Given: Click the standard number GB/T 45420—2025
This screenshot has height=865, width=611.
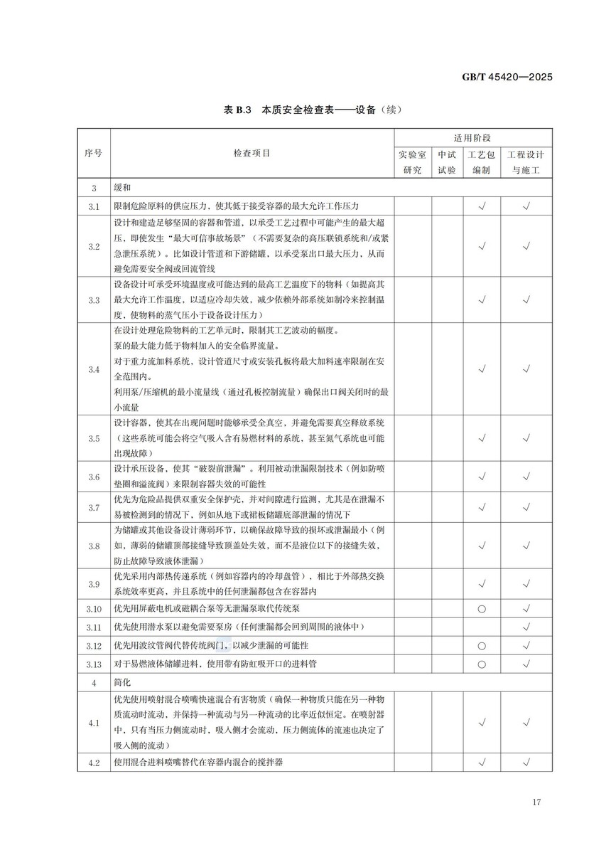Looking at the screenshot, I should click(503, 78).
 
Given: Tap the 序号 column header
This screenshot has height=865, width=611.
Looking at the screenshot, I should click(93, 153).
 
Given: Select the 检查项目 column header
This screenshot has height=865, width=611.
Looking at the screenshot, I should click(252, 153).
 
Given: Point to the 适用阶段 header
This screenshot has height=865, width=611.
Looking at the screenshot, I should click(473, 137).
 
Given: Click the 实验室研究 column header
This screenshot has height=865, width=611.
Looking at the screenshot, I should click(412, 162).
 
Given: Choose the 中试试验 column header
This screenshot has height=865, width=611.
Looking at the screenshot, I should click(447, 162).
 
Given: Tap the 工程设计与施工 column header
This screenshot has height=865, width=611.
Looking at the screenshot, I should click(526, 162).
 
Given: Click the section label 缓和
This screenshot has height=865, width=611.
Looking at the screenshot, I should click(122, 188).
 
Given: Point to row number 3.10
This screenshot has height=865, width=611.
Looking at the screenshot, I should click(94, 609).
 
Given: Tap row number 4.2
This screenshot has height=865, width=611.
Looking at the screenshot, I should click(94, 762).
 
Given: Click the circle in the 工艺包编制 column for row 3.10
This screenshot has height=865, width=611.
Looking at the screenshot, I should click(482, 609).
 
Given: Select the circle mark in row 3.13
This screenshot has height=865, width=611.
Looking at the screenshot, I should click(482, 664).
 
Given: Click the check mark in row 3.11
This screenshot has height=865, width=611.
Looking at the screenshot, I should click(526, 627).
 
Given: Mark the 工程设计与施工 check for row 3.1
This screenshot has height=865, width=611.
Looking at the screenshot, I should click(526, 206).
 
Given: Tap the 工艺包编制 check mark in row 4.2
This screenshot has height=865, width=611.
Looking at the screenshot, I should click(482, 762).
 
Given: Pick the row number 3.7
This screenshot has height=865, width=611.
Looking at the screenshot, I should click(94, 507).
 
